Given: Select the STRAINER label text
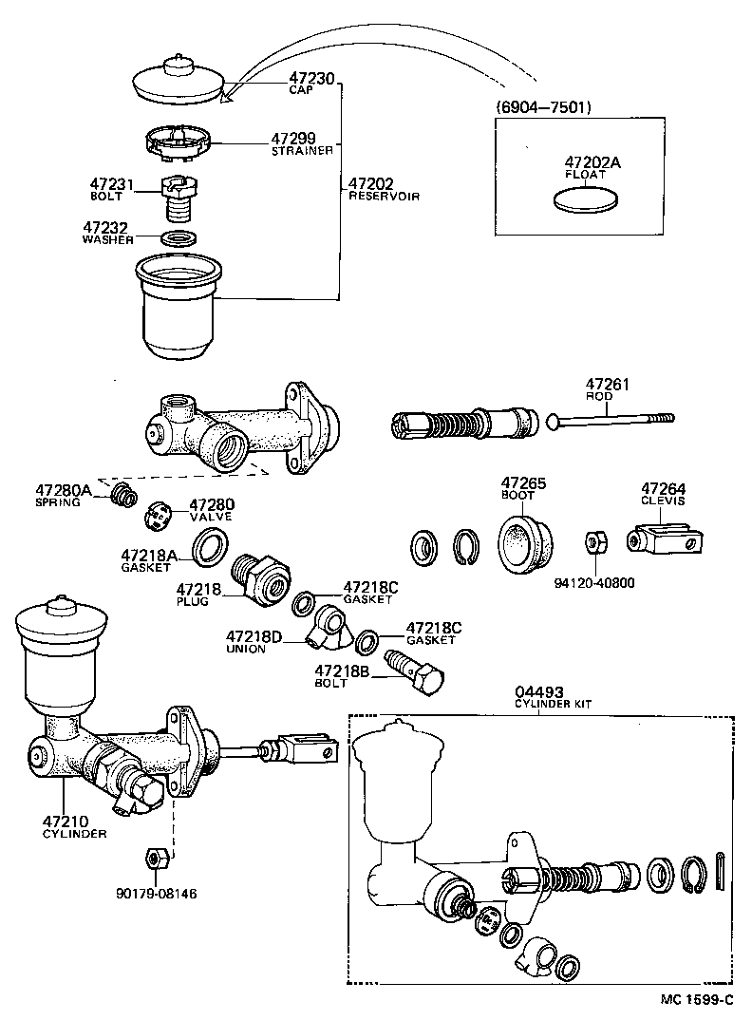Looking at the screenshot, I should pos(302,151).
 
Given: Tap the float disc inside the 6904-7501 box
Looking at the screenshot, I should pos(585,199).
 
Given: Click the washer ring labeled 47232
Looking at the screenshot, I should pos(177,236).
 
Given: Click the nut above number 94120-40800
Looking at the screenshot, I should pos(595,542).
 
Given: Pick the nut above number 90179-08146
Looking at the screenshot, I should pos(158,858).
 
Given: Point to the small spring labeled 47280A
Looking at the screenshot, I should pos(122,495).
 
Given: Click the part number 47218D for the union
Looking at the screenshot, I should pos(254,635).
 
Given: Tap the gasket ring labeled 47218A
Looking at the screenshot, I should pos(210,548).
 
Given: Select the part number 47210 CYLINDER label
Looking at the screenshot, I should pos(66,821).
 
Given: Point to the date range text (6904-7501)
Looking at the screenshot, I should pos(543,107).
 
